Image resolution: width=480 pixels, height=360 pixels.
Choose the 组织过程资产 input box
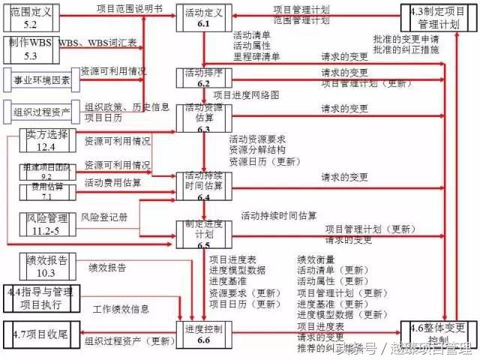click(x=41, y=112)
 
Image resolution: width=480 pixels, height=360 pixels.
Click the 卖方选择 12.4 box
click(x=46, y=142)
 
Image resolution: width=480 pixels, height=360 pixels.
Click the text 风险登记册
click(x=105, y=217)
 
